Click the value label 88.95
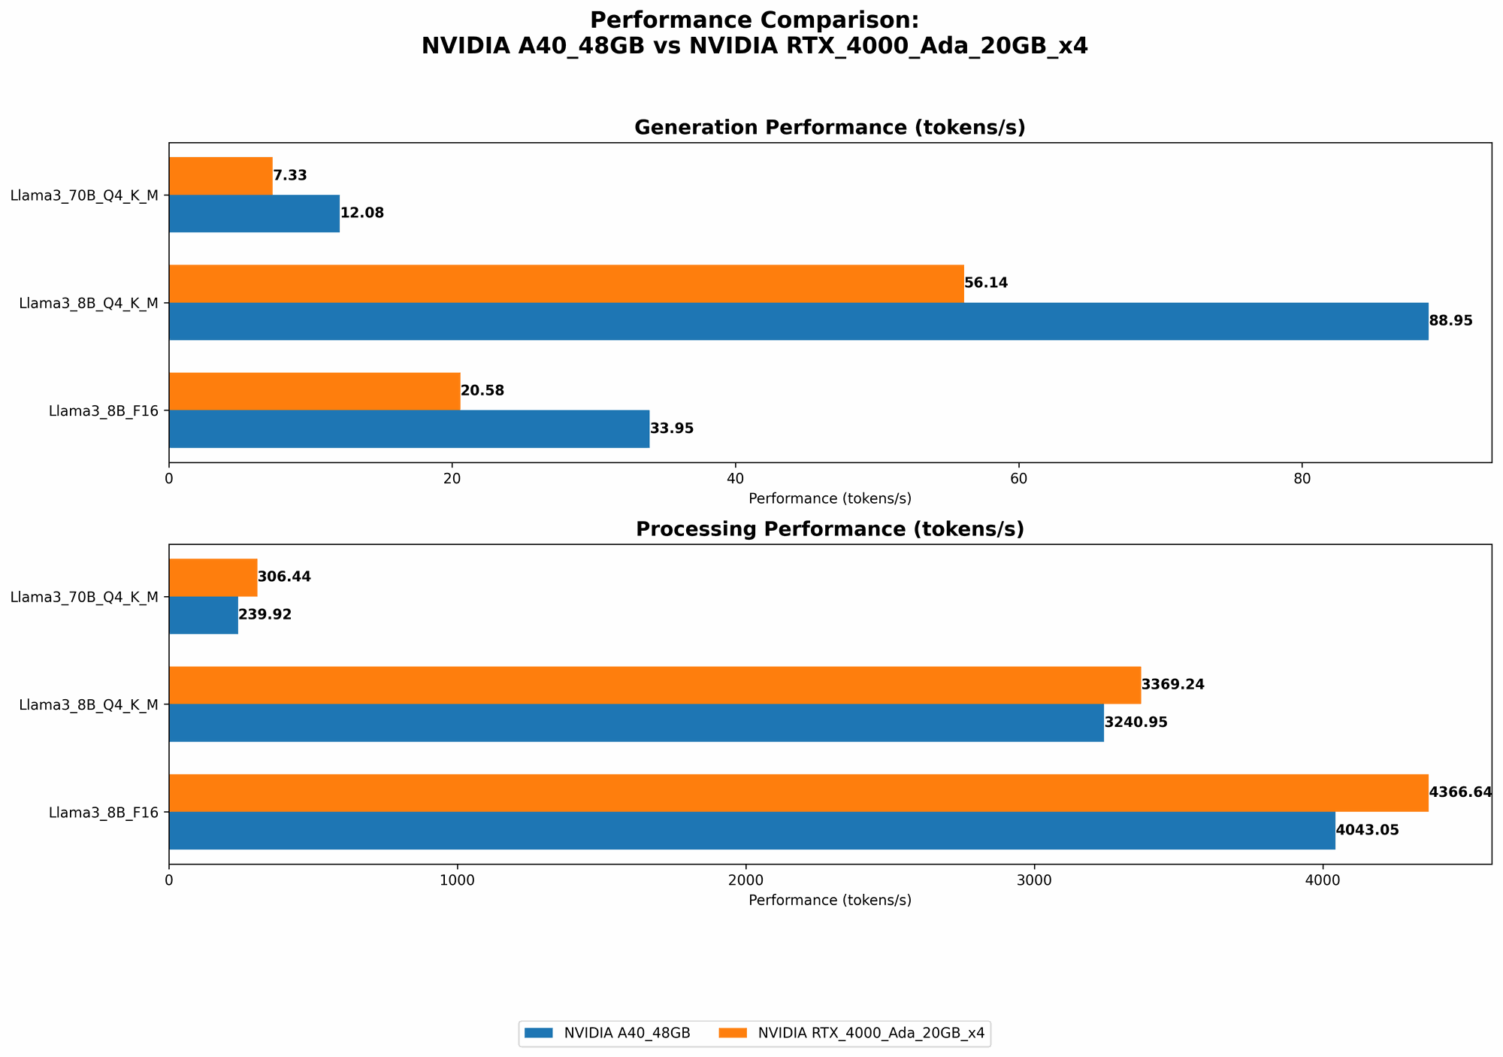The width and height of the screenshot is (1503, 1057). [1450, 321]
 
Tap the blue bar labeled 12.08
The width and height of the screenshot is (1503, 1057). [254, 214]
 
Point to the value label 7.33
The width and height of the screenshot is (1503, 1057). [289, 176]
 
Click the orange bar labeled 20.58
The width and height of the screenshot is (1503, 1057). [314, 391]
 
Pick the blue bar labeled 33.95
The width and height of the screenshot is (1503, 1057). [409, 429]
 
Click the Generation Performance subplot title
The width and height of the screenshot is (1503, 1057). [830, 128]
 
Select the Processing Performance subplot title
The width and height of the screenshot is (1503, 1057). [830, 529]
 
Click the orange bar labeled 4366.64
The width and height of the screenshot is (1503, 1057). [798, 792]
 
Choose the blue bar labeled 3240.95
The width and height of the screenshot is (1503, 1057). [636, 722]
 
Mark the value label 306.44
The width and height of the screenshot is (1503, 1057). [284, 577]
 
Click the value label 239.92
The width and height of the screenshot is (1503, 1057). [265, 615]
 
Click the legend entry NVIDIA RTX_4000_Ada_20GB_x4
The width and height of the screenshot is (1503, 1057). [853, 1034]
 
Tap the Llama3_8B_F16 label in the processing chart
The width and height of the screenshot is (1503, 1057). [104, 813]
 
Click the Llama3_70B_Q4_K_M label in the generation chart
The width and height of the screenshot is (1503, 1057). [84, 195]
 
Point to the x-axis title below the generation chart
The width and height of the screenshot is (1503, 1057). [830, 498]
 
